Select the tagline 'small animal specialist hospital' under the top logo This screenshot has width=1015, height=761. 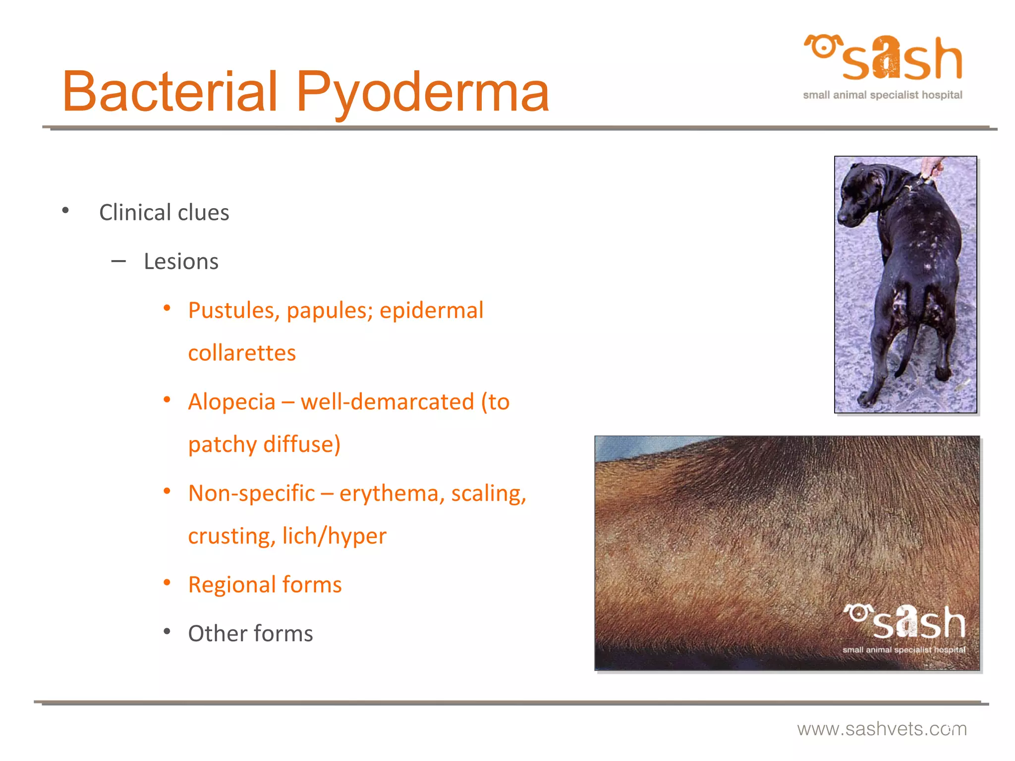pyautogui.click(x=882, y=95)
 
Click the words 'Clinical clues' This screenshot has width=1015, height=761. pyautogui.click(x=164, y=213)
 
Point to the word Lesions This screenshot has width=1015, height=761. pyautogui.click(x=181, y=262)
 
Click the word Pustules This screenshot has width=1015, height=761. pyautogui.click(x=230, y=311)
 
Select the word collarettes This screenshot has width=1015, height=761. pyautogui.click(x=242, y=353)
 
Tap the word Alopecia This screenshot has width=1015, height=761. pyautogui.click(x=231, y=402)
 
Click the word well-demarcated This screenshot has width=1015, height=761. pyautogui.click(x=387, y=402)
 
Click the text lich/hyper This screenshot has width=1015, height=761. pyautogui.click(x=334, y=536)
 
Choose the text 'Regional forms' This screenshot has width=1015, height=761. pyautogui.click(x=265, y=585)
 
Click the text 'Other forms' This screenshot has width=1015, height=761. pyautogui.click(x=250, y=634)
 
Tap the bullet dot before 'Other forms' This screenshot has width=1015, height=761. pyautogui.click(x=167, y=632)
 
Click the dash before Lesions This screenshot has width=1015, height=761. pyautogui.click(x=118, y=261)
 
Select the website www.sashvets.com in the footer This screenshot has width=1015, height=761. pyautogui.click(x=882, y=729)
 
